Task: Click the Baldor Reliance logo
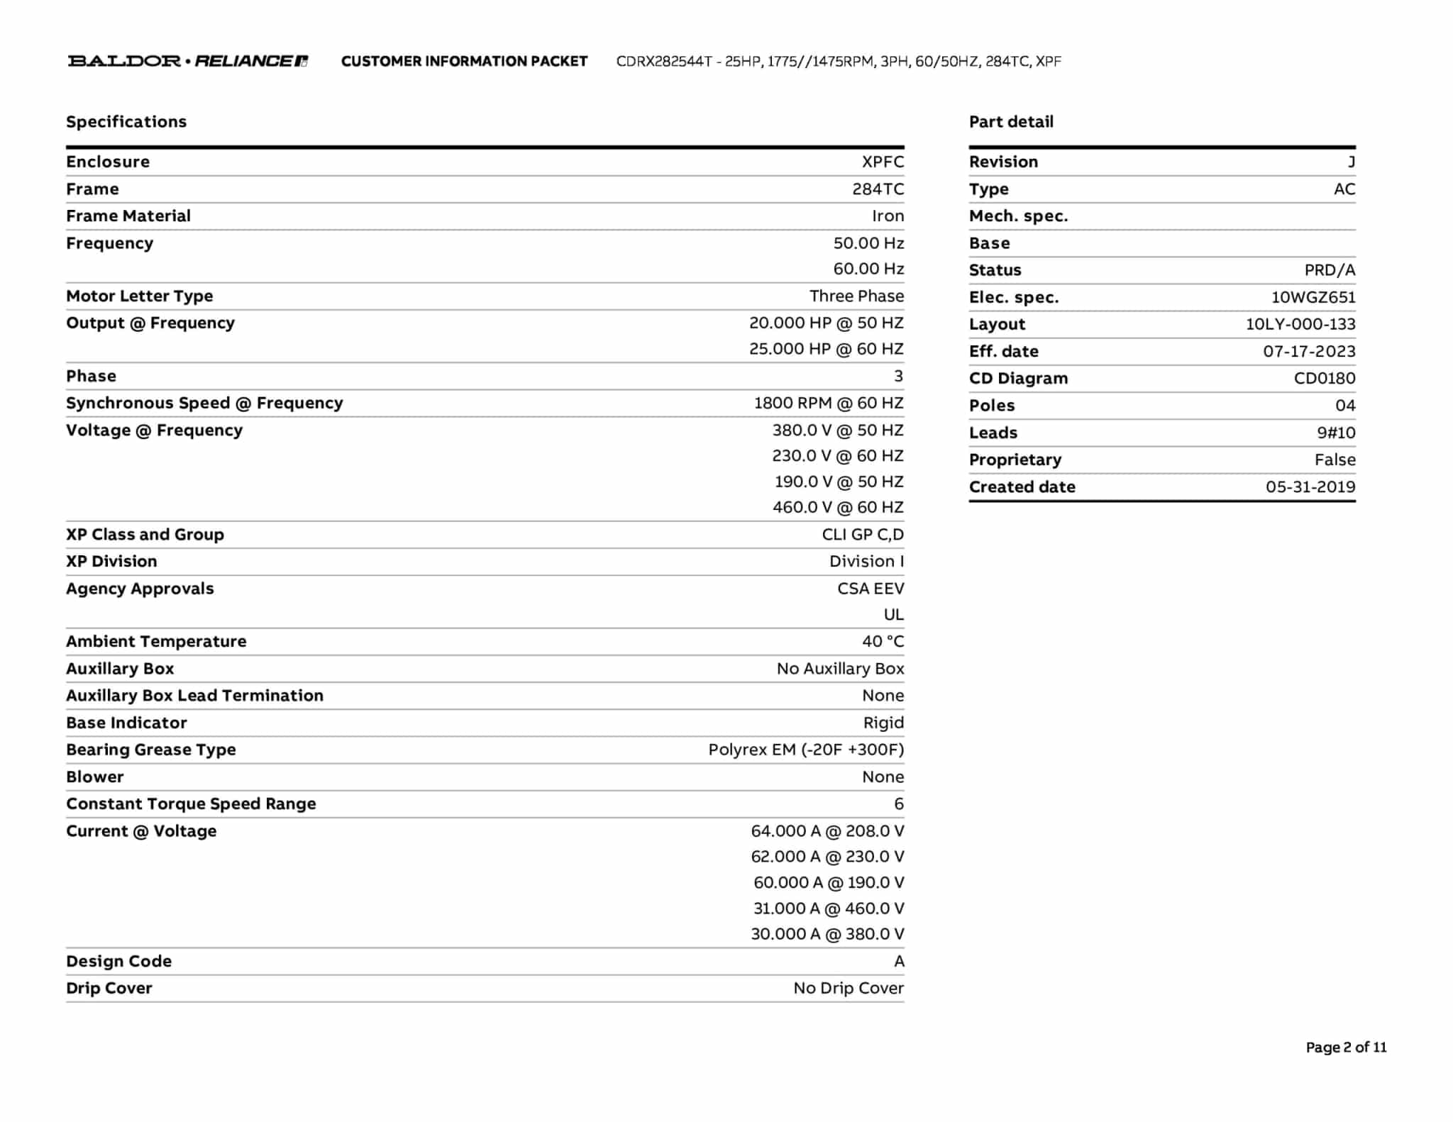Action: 187,61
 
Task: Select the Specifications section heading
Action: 126,122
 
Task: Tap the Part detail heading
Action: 1011,122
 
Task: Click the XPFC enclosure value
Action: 883,162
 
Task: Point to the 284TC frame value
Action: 878,189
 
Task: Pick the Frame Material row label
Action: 128,216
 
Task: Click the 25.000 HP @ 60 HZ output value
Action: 826,349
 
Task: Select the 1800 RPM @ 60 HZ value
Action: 828,404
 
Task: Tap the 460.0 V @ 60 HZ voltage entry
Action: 838,508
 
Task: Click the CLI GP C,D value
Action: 863,535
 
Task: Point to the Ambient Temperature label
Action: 156,642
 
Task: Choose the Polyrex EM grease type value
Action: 806,750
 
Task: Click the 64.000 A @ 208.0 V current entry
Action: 827,831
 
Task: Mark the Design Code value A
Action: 899,962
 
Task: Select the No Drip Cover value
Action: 849,989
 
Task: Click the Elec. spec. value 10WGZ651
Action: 1313,298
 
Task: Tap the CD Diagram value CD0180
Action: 1324,379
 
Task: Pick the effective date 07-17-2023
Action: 1309,352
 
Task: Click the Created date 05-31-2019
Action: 1310,487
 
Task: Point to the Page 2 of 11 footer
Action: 1346,1048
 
